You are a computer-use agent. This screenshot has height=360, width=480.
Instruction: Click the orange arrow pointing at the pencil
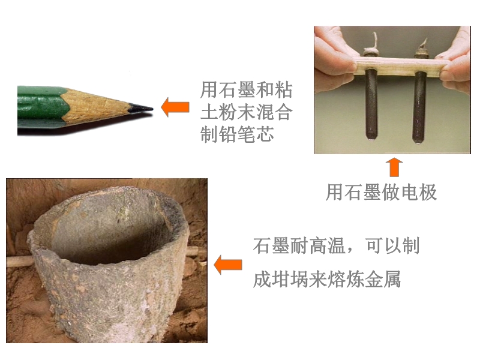pyautogui.click(x=175, y=107)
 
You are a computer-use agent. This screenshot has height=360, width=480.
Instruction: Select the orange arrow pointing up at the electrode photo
pyautogui.click(x=394, y=167)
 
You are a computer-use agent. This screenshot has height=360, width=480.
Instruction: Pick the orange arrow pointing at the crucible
pyautogui.click(x=228, y=265)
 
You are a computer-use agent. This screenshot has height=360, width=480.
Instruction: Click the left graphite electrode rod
pyautogui.click(x=371, y=104)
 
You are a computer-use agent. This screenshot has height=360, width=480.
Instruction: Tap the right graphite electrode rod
pyautogui.click(x=419, y=108)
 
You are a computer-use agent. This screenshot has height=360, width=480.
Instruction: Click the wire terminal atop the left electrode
pyautogui.click(x=371, y=47)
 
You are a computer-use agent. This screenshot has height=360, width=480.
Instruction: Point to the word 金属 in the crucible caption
pyautogui.click(x=383, y=279)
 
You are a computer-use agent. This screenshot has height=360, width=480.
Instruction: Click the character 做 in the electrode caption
pyautogui.click(x=391, y=193)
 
